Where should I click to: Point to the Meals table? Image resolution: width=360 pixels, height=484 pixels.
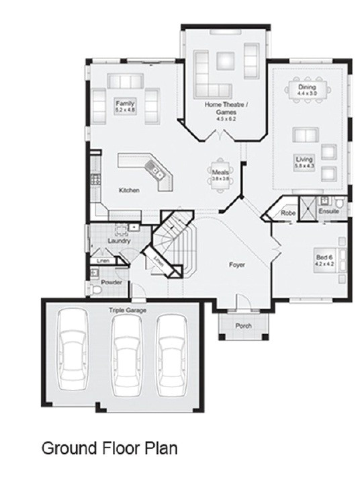point(220,176)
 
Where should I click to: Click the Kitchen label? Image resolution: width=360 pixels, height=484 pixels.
point(129,190)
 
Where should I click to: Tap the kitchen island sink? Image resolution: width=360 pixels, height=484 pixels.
point(159,171)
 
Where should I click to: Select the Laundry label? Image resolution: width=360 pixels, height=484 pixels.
point(118,240)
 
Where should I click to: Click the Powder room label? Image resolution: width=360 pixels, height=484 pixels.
point(111,282)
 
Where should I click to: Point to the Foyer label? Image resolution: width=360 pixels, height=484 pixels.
point(236,265)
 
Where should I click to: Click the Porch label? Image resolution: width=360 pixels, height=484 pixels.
point(242,326)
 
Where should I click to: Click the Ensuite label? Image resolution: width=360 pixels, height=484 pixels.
point(328,211)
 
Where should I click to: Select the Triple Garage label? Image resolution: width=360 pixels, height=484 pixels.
point(128,310)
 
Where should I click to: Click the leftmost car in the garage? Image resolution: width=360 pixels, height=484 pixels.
point(72,354)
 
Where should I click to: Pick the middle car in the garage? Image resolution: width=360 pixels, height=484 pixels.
point(126,354)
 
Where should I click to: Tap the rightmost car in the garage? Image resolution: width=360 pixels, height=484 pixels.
point(171,354)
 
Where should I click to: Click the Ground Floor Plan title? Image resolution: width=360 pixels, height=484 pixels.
point(109,448)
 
